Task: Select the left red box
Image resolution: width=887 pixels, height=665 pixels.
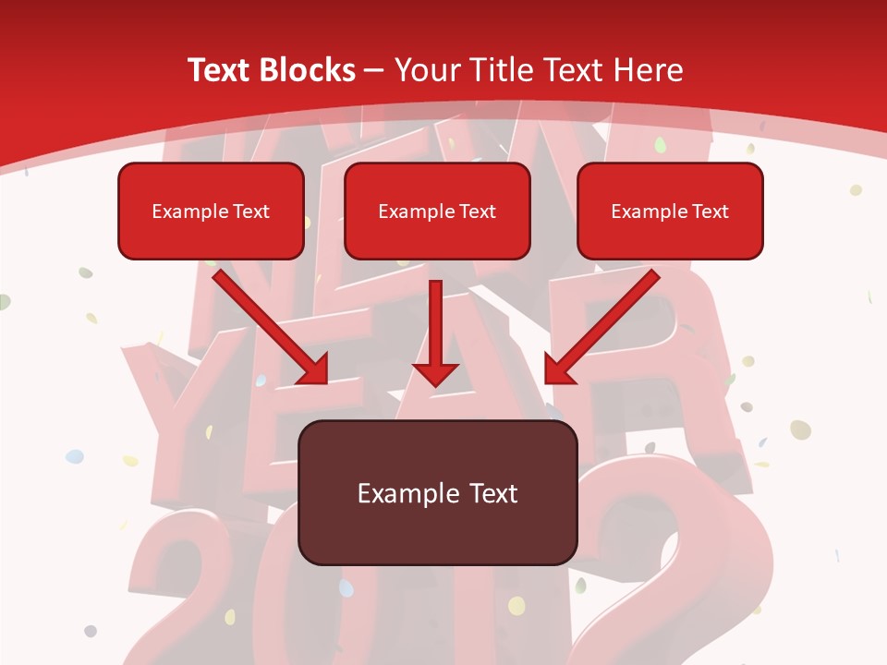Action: click(x=211, y=212)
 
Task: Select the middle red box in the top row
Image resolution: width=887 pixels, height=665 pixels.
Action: click(x=437, y=212)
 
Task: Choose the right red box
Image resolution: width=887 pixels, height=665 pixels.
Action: click(x=670, y=212)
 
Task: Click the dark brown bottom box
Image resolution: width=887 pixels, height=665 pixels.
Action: click(x=437, y=492)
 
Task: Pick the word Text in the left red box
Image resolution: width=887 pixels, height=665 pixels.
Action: click(x=250, y=212)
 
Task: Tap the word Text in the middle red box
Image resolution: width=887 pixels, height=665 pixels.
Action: click(x=477, y=212)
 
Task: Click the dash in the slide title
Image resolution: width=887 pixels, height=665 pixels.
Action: click(x=374, y=71)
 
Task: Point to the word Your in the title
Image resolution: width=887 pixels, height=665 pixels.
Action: click(x=428, y=70)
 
